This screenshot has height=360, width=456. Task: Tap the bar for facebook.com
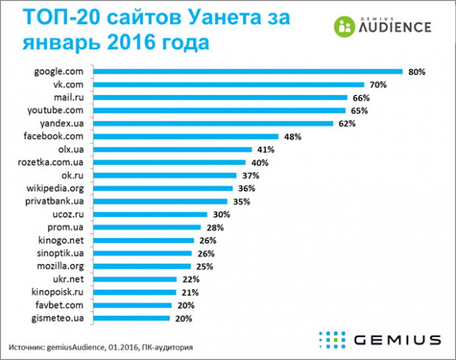tap(188, 136)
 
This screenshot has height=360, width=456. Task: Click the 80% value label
tap(418, 72)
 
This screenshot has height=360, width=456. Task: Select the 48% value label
tap(293, 136)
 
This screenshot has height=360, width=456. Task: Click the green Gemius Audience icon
tap(345, 26)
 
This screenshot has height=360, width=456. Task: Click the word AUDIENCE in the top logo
tap(393, 27)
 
